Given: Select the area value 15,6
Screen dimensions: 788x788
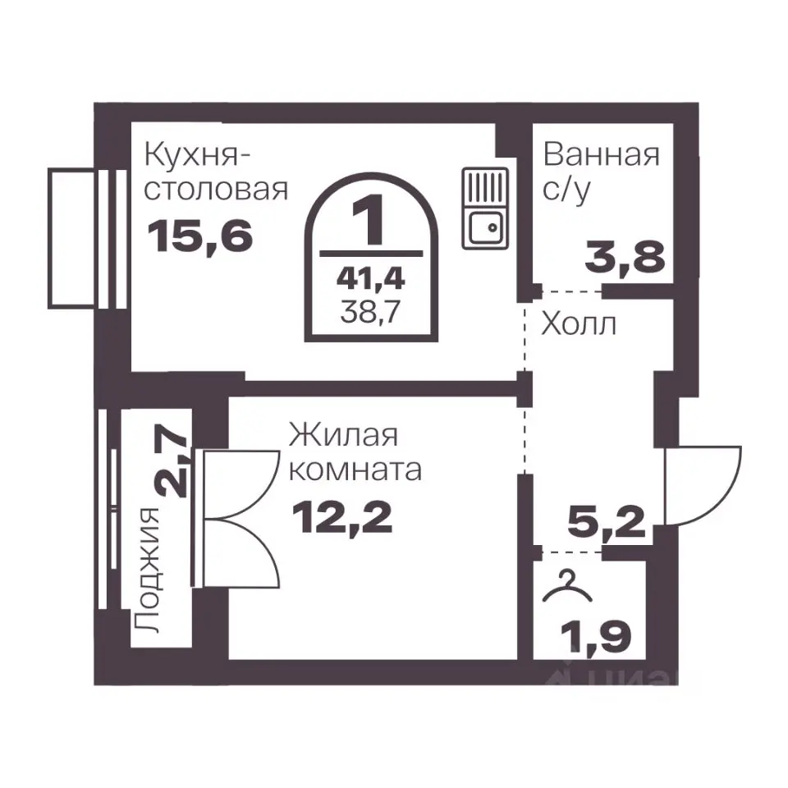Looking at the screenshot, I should point(200,237).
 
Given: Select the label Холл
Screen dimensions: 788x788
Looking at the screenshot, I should point(579,325).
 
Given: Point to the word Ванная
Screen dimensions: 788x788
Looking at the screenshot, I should point(602,155).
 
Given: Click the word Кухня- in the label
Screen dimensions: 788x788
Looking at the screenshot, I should point(197,154).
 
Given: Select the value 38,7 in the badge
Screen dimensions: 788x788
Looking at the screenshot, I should point(370,313).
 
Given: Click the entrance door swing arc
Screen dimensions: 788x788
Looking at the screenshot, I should point(704,484).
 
